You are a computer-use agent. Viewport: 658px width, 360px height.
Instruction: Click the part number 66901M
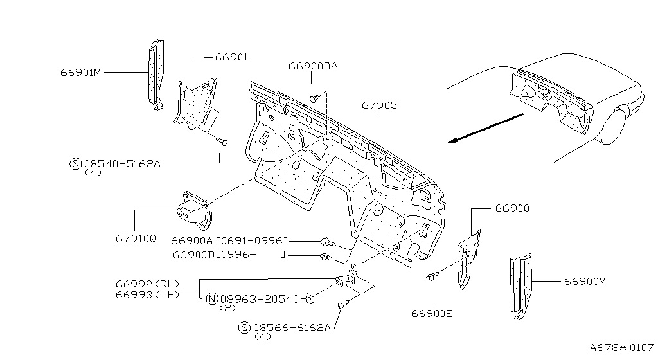point(81,72)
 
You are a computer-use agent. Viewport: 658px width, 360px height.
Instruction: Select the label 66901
point(231,57)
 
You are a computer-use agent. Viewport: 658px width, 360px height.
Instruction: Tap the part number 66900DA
point(313,66)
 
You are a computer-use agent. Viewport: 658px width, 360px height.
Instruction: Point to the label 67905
point(379,105)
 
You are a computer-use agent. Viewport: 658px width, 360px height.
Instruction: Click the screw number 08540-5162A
point(122,164)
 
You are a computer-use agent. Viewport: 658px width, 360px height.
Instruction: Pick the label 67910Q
point(136,239)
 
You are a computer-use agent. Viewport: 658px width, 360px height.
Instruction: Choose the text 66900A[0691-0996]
point(230,241)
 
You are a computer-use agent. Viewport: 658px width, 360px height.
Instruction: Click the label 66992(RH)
point(148,284)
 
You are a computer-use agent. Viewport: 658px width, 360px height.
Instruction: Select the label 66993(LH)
point(148,294)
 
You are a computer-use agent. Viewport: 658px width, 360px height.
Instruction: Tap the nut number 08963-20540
point(260,299)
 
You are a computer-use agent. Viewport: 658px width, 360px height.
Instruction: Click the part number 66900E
point(432,314)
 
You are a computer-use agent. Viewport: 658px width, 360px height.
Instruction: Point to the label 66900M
point(585,281)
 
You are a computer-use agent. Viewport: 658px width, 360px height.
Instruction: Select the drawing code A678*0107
point(622,348)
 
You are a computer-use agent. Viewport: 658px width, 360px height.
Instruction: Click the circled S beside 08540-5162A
point(75,164)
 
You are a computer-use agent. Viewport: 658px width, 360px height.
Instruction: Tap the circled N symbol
point(213,299)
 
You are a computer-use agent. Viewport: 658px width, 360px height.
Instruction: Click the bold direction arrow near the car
point(486,128)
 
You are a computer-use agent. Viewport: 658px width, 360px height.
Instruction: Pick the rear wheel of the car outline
point(614,125)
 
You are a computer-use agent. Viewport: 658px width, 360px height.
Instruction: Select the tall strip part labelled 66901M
point(156,75)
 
